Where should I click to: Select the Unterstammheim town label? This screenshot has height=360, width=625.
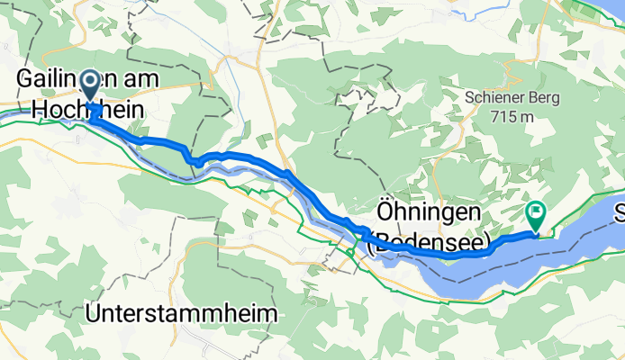(182, 312)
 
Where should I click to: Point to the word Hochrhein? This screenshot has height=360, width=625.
(79, 108)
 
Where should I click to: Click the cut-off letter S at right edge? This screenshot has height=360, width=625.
(620, 214)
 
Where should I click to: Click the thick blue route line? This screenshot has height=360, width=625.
(243, 158)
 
